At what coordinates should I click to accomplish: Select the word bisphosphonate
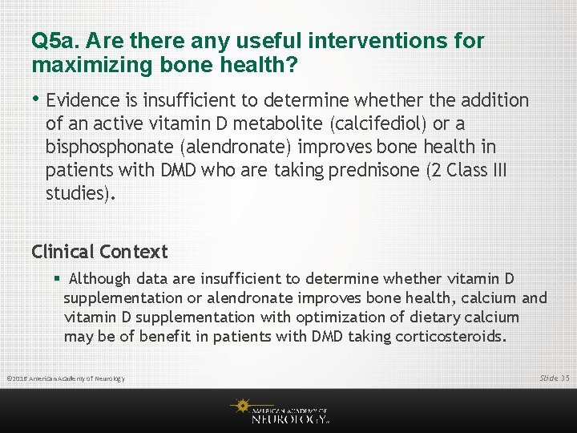(x=108, y=148)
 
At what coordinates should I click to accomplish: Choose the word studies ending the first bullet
(x=78, y=194)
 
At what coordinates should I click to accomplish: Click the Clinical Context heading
(x=99, y=252)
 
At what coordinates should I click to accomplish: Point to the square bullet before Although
(x=57, y=279)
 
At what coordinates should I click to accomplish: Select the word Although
(x=100, y=279)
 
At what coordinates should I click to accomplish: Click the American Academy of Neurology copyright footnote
(x=65, y=378)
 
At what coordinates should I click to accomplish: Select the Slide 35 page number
(x=554, y=377)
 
